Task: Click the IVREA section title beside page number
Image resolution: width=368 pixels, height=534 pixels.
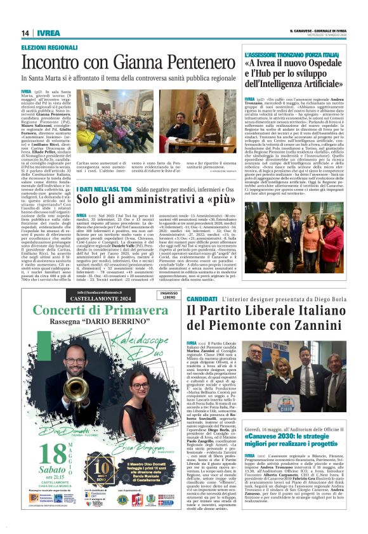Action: [x=48, y=33]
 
